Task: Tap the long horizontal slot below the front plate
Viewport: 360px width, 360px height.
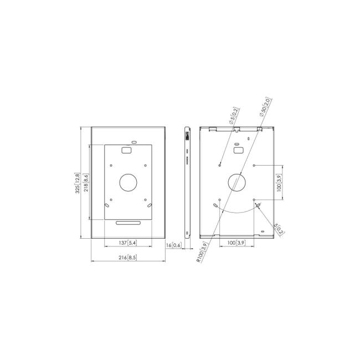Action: [128, 223]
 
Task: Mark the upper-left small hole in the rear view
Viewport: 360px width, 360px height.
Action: [220, 164]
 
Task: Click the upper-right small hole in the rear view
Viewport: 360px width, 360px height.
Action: [254, 164]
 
